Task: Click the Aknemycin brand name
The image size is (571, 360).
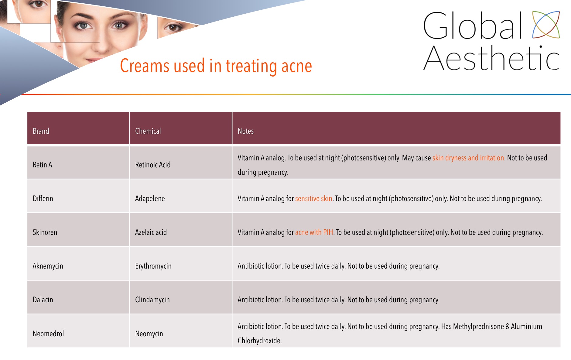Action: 48,266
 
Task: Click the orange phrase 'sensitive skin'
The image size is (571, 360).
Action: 314,199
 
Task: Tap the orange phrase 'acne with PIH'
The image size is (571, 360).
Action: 314,232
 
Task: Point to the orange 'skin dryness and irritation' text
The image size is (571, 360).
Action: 468,158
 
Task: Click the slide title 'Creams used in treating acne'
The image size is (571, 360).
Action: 216,66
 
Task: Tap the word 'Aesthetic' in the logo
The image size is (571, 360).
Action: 491,58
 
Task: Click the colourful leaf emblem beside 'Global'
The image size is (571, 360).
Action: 546,25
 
